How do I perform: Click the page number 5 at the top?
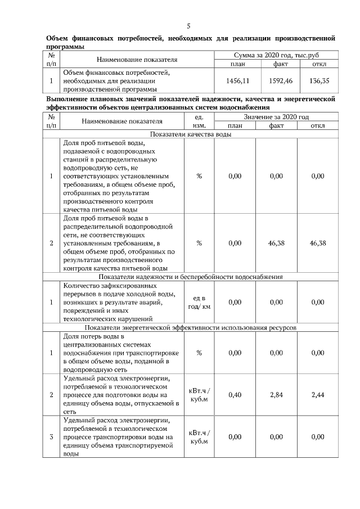[189, 26]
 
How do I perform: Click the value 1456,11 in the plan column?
[237, 81]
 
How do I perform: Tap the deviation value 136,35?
[319, 81]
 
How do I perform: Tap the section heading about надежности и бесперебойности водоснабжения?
[190, 277]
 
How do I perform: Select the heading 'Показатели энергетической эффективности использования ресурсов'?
[190, 327]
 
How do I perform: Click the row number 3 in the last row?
[51, 437]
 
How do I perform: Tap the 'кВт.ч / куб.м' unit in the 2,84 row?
[199, 395]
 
